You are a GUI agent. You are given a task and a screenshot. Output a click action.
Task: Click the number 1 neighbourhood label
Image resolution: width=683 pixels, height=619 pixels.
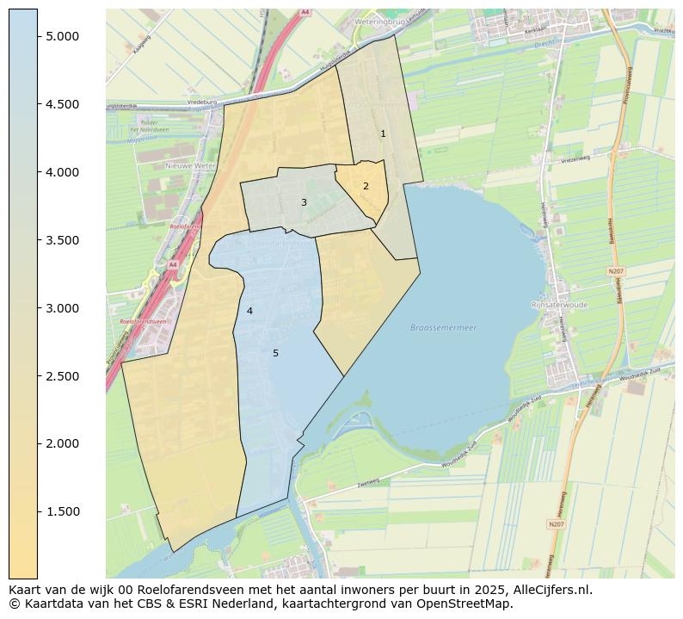pos(383,133)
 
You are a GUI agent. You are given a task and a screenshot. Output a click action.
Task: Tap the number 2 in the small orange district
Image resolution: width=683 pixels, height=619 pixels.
pos(366,186)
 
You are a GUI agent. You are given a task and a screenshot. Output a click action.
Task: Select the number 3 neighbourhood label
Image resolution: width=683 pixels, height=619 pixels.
pos(304,202)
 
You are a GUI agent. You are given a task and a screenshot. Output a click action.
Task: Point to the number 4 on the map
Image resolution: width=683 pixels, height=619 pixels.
pos(249,311)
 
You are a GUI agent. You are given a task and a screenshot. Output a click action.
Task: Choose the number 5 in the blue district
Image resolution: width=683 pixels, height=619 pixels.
pos(275,353)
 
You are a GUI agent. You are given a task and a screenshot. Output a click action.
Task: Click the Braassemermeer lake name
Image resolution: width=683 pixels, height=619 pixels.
pos(443,328)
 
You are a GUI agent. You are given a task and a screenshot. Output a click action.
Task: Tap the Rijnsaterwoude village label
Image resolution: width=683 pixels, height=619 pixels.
pos(558,304)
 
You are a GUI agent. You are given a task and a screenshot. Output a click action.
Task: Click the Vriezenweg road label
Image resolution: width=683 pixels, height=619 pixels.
pos(575,159)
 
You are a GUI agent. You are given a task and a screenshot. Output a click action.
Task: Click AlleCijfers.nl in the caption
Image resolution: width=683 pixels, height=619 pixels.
pos(549,590)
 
